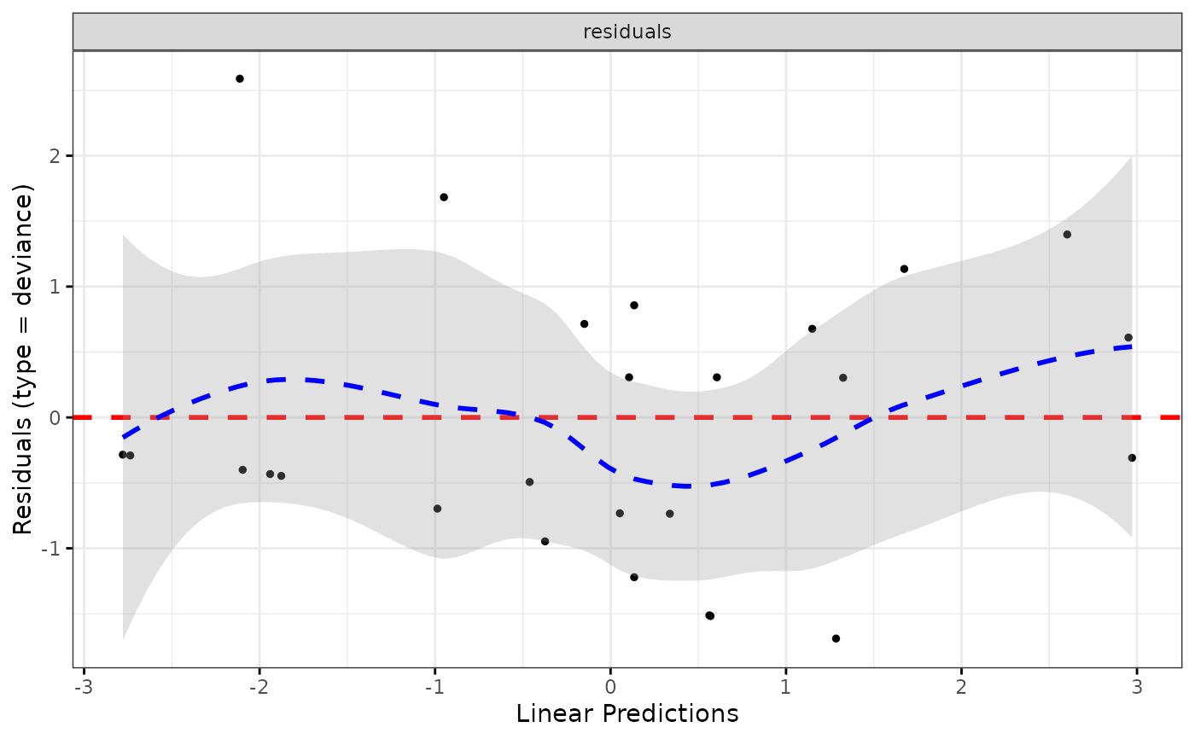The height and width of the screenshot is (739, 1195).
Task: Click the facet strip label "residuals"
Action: pos(627,32)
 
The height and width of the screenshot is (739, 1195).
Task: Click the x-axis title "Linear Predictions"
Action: pos(627,713)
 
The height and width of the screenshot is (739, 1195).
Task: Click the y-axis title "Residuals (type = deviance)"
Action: pos(23,358)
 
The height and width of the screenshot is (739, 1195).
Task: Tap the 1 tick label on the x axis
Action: pos(785,688)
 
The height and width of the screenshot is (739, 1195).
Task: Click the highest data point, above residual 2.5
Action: pos(240,79)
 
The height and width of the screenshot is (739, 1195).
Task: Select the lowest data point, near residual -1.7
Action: pos(836,638)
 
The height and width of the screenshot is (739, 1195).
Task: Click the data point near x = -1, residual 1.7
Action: pos(444,197)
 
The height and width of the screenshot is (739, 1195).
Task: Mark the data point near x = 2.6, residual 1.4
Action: pos(1067,234)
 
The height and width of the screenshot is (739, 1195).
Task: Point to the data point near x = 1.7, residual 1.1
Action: pos(904,269)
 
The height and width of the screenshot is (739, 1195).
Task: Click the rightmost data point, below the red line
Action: pos(1132,458)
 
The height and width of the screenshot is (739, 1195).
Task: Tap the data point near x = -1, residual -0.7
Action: pos(437,509)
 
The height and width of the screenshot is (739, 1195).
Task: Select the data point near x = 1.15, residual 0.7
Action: pos(812,329)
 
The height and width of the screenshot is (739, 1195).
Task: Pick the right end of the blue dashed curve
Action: pos(1132,346)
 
